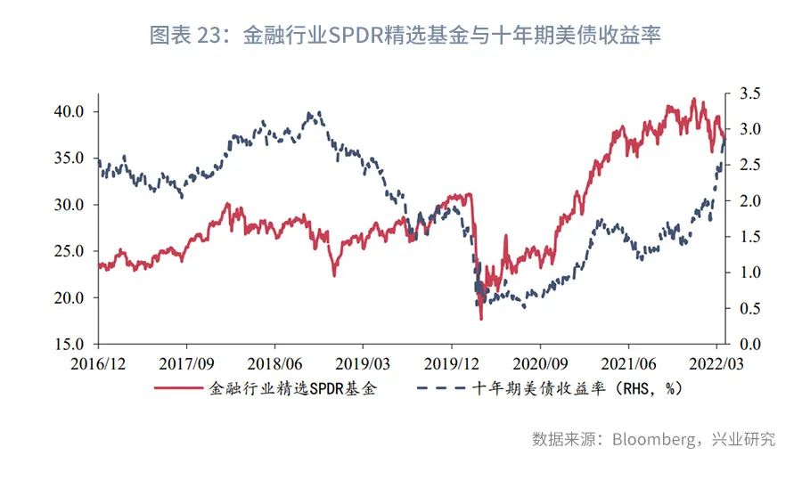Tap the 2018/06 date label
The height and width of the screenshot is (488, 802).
point(274,363)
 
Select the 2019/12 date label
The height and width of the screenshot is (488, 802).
point(451,363)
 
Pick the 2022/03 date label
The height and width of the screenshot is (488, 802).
point(716,363)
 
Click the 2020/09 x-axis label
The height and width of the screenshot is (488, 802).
point(540,363)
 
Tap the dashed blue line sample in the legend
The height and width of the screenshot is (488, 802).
point(440,388)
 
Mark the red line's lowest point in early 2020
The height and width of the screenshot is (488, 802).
point(481,319)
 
